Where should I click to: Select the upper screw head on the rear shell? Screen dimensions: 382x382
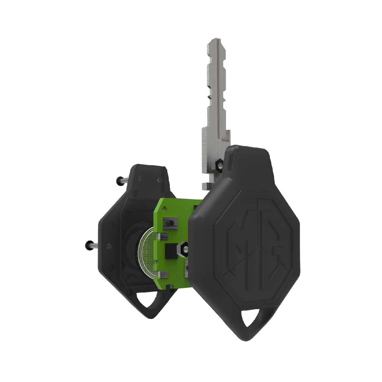pos(120,181)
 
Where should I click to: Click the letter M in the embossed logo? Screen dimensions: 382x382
pos(242,244)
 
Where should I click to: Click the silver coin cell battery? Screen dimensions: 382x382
pos(146,253)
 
